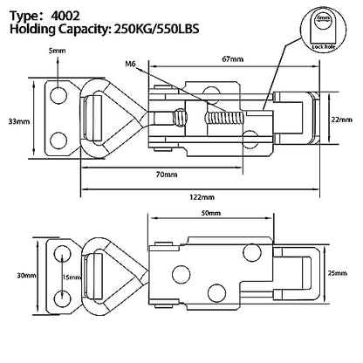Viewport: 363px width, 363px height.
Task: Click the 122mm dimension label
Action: [202, 197]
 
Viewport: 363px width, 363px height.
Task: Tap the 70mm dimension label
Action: [167, 175]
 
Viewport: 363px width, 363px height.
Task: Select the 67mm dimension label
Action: [232, 59]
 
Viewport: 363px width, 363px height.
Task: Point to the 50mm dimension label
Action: [210, 213]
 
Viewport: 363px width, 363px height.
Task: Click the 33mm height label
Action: [19, 121]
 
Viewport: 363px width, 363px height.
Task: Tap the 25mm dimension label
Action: [337, 273]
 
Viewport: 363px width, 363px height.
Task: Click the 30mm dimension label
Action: [26, 275]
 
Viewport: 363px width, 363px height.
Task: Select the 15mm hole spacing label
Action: [72, 277]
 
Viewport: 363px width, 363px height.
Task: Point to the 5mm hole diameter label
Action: [57, 51]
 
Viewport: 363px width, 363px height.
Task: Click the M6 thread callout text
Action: [131, 64]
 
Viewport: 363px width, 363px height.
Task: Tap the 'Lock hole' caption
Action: [324, 47]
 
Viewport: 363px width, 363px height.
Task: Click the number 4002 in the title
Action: [65, 16]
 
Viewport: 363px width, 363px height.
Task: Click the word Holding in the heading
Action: [32, 30]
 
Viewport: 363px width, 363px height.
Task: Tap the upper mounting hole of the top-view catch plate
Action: [58, 95]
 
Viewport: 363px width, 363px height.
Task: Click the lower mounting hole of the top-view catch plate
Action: [58, 140]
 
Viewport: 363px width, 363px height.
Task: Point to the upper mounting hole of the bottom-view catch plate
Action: [62, 253]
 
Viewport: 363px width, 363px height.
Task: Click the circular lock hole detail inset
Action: [324, 28]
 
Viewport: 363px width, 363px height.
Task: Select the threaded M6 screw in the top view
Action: [224, 119]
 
